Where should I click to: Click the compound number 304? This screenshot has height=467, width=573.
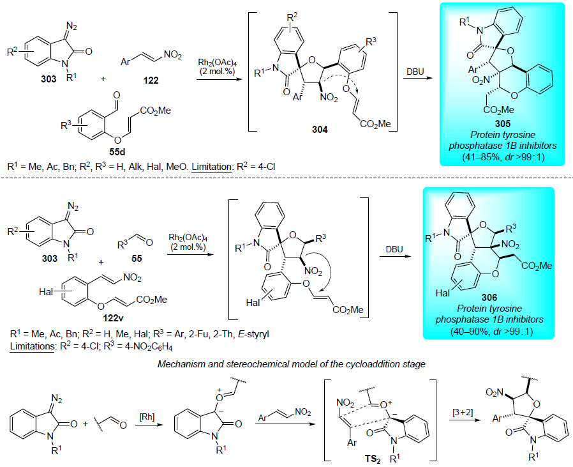pyautogui.click(x=320, y=129)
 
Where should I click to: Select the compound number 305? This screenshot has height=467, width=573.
pyautogui.click(x=503, y=123)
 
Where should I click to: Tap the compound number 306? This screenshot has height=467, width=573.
pyautogui.click(x=489, y=297)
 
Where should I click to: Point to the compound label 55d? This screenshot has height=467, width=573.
pyautogui.click(x=117, y=151)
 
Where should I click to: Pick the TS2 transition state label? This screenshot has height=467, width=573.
pyautogui.click(x=373, y=459)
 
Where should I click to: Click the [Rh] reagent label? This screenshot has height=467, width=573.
pyautogui.click(x=147, y=417)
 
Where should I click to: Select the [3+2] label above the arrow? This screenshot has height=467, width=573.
pyautogui.click(x=463, y=412)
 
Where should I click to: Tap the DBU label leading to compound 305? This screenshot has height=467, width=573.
pyautogui.click(x=415, y=72)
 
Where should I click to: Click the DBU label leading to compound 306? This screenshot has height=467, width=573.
pyautogui.click(x=394, y=249)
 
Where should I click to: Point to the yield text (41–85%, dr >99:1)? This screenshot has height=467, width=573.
pyautogui.click(x=503, y=157)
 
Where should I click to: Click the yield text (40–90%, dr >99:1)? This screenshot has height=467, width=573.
pyautogui.click(x=489, y=331)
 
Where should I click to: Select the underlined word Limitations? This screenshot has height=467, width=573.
pyautogui.click(x=32, y=346)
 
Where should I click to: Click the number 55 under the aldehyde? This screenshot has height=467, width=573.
pyautogui.click(x=137, y=258)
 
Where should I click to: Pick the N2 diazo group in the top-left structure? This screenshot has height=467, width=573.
pyautogui.click(x=71, y=27)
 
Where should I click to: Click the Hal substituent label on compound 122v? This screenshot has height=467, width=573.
pyautogui.click(x=46, y=292)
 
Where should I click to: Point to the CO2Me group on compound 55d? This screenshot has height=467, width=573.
pyautogui.click(x=155, y=111)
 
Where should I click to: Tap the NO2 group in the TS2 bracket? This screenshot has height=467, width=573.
pyautogui.click(x=345, y=403)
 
